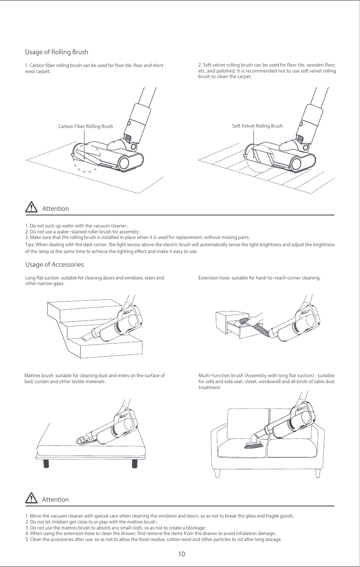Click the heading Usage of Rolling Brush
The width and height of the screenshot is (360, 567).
(x=57, y=52)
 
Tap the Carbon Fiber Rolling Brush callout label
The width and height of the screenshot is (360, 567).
(x=85, y=126)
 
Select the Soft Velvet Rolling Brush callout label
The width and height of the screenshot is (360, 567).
(x=257, y=126)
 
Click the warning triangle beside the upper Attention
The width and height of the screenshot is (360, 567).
(x=32, y=208)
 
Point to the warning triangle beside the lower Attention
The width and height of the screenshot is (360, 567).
(x=32, y=498)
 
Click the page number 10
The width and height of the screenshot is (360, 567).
(x=182, y=554)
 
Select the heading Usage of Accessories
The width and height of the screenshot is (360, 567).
(x=55, y=265)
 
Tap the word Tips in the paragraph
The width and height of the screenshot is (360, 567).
(x=30, y=244)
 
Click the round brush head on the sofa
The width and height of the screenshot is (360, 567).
(x=255, y=445)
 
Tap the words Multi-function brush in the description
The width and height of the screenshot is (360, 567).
(x=221, y=375)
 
